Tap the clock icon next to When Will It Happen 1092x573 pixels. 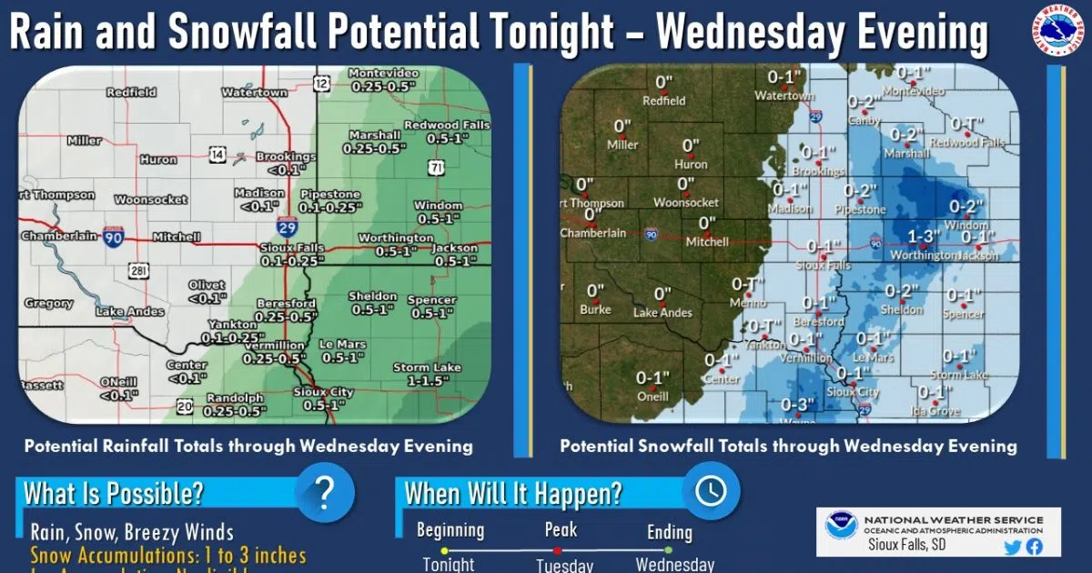(711, 491)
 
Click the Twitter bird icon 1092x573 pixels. (1012, 547)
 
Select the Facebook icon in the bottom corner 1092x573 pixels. (1034, 547)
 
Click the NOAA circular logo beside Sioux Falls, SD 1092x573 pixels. (841, 528)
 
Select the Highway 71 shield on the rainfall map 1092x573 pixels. (438, 166)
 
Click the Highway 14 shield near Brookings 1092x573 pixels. (217, 156)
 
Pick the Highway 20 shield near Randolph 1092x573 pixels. (184, 405)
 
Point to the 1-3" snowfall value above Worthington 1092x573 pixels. (925, 237)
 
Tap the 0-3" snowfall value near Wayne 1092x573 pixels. (797, 405)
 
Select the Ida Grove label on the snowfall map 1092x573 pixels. (937, 411)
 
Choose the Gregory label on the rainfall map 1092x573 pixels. (48, 303)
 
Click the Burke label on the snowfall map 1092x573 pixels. (595, 309)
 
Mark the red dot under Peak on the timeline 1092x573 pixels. (557, 550)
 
